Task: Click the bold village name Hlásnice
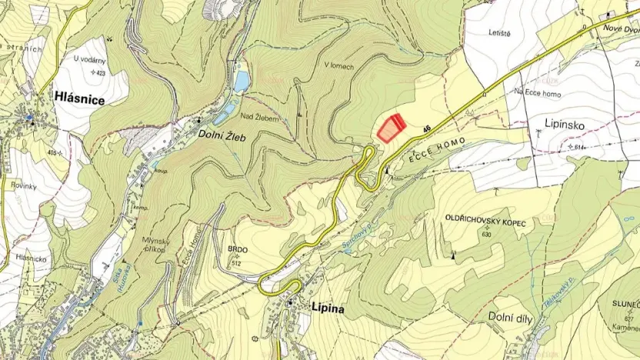[79, 97]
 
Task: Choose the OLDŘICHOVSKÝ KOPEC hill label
[485, 222]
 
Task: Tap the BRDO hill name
[235, 250]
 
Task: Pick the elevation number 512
[236, 262]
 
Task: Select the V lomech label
[338, 67]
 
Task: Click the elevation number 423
[99, 72]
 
